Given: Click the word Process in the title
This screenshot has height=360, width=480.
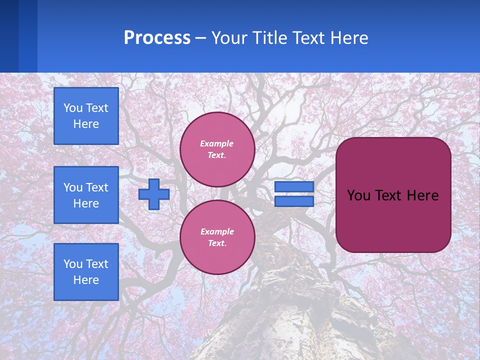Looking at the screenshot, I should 157,38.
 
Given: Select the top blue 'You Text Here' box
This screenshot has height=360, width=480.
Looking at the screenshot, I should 86,116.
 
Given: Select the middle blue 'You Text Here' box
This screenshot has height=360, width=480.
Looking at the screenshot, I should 86,195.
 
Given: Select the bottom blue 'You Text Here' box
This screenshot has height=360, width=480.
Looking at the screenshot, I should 86,272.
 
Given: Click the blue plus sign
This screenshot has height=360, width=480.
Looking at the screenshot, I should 154,194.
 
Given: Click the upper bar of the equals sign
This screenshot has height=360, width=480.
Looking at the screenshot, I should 294,187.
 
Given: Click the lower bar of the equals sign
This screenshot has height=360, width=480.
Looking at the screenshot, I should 294,201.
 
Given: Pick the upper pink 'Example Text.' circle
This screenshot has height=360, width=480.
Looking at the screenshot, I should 217,149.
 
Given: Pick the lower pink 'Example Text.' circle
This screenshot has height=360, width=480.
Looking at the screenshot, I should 217,237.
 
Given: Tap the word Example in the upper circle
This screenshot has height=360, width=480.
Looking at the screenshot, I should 216,143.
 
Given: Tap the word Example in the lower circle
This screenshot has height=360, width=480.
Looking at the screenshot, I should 216,231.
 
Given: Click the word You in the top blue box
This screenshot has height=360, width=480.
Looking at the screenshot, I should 72,108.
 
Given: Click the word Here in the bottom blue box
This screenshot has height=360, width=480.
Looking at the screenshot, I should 86,280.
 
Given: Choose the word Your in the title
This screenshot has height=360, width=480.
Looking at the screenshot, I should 228,38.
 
